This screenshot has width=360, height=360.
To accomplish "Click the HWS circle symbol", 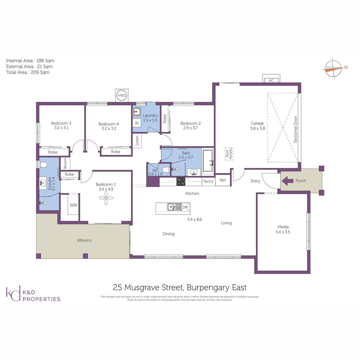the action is [121, 95].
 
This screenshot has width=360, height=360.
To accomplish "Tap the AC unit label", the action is [271, 80].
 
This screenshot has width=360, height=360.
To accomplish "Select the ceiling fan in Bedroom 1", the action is [106, 198].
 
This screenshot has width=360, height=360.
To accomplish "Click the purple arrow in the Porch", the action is [287, 181].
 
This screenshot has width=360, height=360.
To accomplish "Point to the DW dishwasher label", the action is [185, 207].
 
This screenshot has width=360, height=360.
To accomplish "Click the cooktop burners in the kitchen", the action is [181, 181].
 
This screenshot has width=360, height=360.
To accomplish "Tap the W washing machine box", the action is [137, 123].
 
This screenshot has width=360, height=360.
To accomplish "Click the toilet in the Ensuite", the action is [43, 165].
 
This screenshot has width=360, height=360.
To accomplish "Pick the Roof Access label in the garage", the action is [229, 154].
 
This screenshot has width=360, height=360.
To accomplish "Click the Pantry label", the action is [208, 181].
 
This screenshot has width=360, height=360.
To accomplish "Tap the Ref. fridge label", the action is [223, 180].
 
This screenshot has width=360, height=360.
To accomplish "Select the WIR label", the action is [73, 205].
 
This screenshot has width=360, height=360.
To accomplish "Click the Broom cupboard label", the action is [65, 163].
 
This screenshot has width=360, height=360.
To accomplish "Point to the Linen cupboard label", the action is [137, 141].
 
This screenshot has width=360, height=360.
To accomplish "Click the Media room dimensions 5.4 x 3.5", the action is [283, 232].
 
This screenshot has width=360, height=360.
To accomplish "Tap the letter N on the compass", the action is [346, 67].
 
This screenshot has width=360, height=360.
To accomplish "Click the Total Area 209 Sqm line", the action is [28, 72].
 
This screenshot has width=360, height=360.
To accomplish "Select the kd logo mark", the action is [13, 293].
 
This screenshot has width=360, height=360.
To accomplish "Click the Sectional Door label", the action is [295, 129].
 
